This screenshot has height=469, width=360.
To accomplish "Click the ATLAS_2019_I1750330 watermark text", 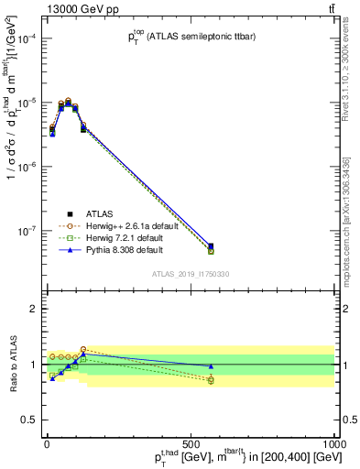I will click(191, 274).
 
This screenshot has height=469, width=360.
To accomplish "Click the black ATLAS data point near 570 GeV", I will click(211, 246).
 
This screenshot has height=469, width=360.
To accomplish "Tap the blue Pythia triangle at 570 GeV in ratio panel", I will click(211, 365).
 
